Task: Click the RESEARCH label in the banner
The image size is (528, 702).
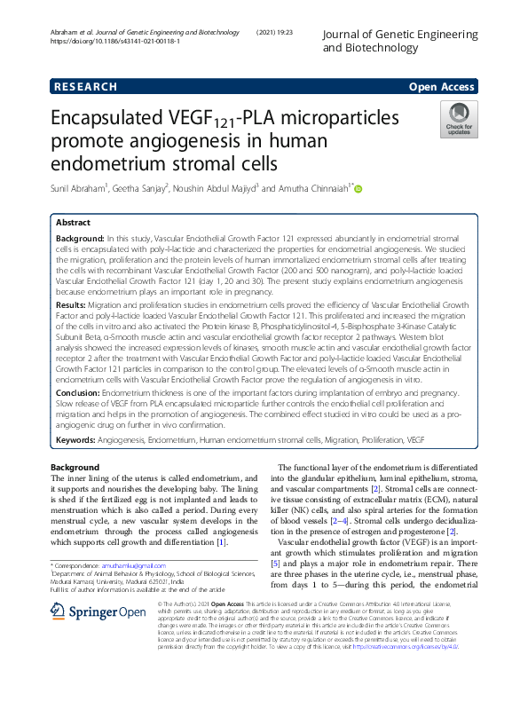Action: pyautogui.click(x=86, y=86)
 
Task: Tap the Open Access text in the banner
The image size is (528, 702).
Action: pyautogui.click(x=441, y=86)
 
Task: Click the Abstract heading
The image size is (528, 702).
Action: pyautogui.click(x=75, y=223)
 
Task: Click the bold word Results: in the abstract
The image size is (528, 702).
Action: pyautogui.click(x=76, y=304)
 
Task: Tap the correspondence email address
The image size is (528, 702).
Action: pyautogui.click(x=134, y=564)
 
